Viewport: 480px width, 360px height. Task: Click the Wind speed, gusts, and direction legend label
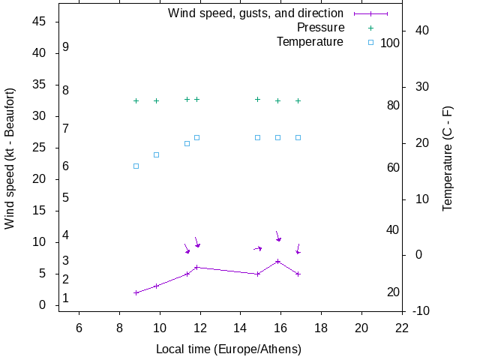[x=255, y=13]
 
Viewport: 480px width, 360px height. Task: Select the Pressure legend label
[x=316, y=28]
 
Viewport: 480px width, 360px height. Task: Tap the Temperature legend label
[x=310, y=42]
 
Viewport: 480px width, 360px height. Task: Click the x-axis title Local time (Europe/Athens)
[x=229, y=349]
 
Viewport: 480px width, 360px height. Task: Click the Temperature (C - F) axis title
[x=448, y=158]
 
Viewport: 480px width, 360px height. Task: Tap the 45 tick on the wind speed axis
[x=40, y=22]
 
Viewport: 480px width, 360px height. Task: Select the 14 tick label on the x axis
[x=241, y=327]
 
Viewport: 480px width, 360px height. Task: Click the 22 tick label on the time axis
[x=402, y=327]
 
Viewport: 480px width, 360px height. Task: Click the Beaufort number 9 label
[x=66, y=47]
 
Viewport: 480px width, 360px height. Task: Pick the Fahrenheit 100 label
[x=390, y=43]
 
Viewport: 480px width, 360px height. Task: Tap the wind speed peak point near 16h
[x=278, y=261]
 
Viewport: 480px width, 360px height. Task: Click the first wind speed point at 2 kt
[x=136, y=292]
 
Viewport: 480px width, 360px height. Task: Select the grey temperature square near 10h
[x=156, y=154]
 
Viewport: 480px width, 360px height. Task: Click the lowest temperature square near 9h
[x=136, y=166]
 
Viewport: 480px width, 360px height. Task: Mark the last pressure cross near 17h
[x=298, y=100]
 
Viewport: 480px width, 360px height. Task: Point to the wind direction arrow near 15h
[x=258, y=248]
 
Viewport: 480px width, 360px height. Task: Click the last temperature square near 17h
[x=298, y=137]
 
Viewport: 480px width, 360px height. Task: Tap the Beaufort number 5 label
[x=66, y=198]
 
